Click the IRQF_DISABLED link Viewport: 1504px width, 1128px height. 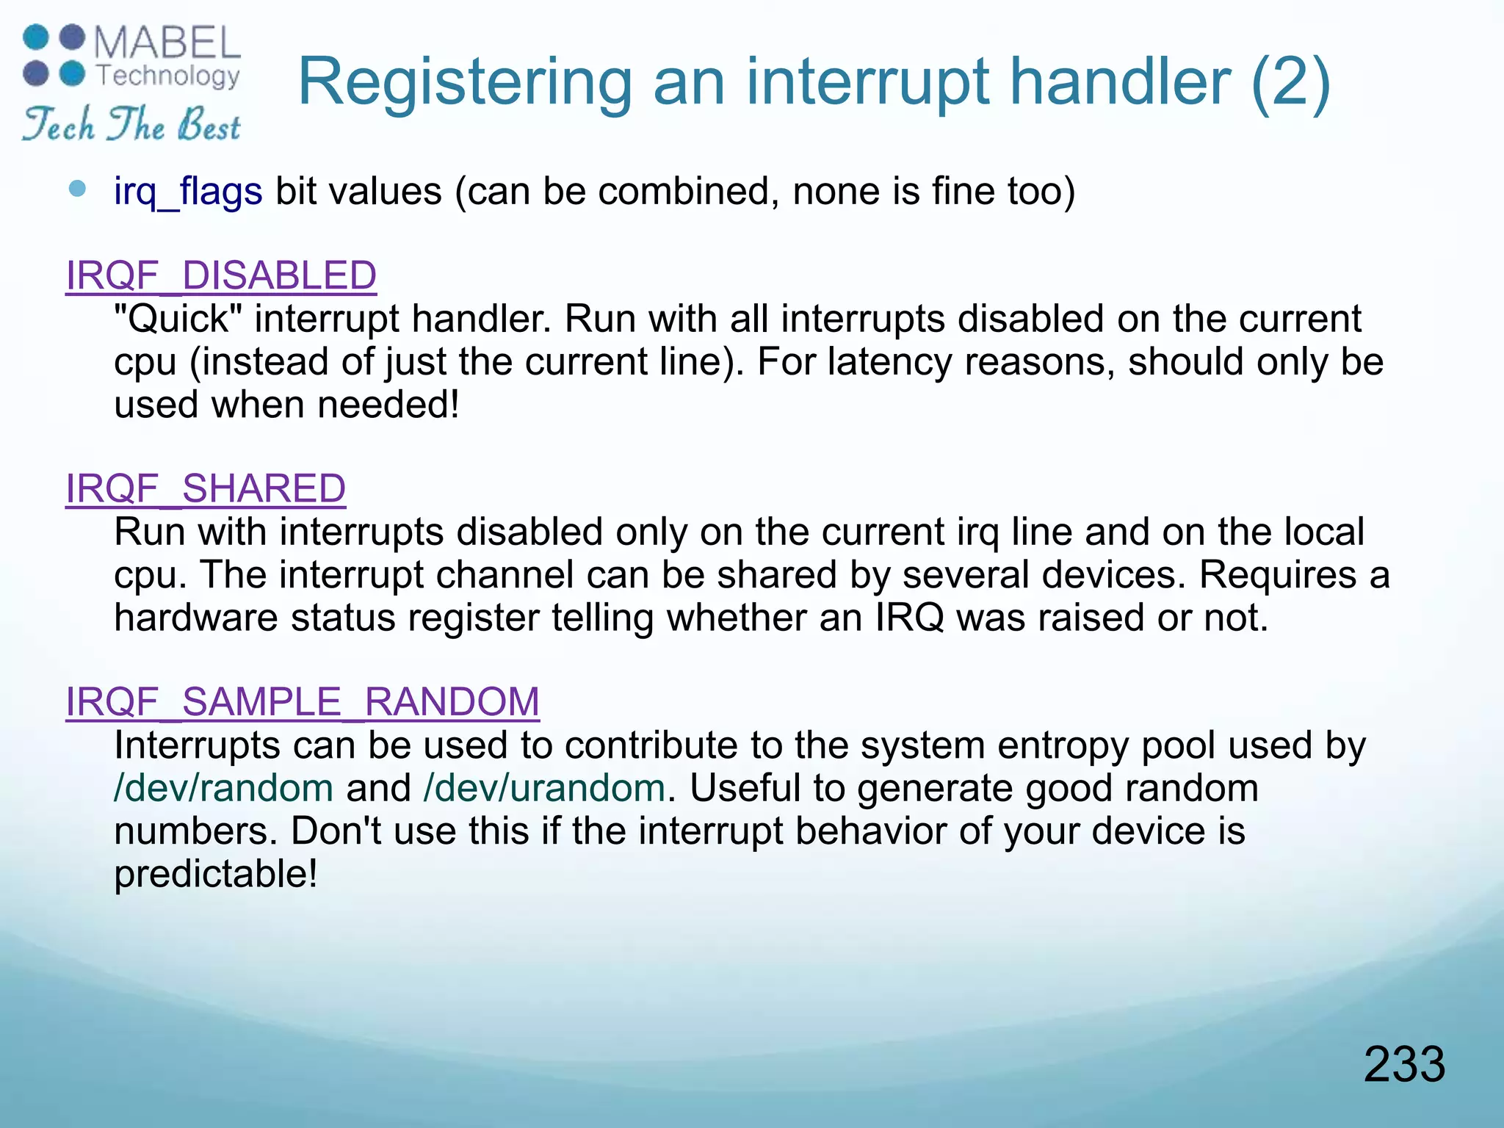(221, 276)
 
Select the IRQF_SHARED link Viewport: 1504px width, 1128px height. (206, 489)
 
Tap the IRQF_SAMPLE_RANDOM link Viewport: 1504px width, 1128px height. (303, 702)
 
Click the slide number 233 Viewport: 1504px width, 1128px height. (1404, 1064)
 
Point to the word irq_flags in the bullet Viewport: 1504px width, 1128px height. (188, 192)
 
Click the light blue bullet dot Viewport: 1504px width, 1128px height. (77, 189)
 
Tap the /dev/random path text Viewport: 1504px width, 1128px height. (224, 789)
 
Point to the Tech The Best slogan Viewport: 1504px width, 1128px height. (131, 124)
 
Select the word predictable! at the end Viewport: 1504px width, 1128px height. (216, 875)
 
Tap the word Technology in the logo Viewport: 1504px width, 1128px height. (168, 76)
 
